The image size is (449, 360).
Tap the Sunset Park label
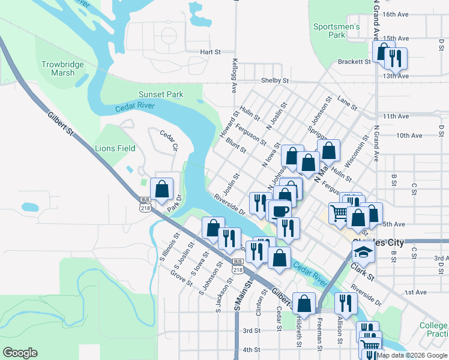click(161, 94)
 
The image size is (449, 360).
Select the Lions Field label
click(115, 148)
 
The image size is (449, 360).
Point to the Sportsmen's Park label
click(336, 31)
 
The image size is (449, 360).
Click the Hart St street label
click(211, 52)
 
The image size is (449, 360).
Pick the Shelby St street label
click(275, 80)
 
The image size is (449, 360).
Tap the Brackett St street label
click(354, 61)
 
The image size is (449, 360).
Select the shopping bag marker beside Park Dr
click(162, 189)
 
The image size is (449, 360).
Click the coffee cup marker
click(280, 211)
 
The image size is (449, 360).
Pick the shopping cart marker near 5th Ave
click(340, 213)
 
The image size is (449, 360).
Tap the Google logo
click(20, 352)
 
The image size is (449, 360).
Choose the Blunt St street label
click(236, 145)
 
